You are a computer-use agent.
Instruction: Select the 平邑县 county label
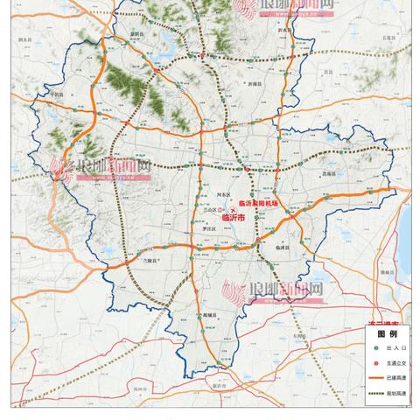[x=58, y=94]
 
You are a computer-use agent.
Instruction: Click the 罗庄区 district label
[x=208, y=229]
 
